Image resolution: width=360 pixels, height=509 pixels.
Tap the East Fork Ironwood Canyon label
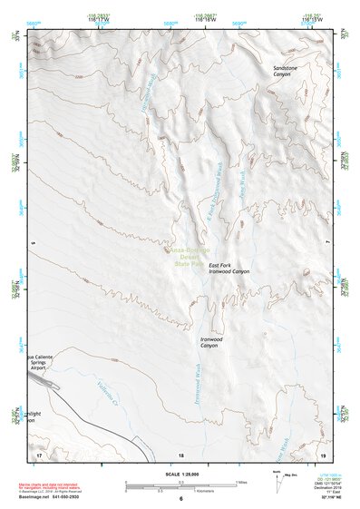[x=228, y=268]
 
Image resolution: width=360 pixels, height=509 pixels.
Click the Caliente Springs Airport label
[x=42, y=362]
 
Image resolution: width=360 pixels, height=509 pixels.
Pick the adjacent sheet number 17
[x=39, y=455]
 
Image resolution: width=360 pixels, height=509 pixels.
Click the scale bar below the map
[x=180, y=484]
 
